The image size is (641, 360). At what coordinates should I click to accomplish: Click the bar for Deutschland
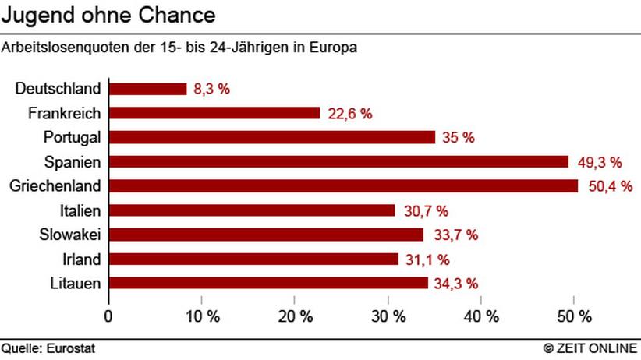tap(148, 89)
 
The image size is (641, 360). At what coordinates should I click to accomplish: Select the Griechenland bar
tap(343, 185)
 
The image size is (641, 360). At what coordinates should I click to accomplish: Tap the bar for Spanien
tap(338, 161)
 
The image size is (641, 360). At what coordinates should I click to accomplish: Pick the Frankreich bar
tap(214, 113)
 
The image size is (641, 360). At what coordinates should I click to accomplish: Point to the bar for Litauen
tap(268, 282)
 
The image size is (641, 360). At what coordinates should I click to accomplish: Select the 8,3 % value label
tap(211, 89)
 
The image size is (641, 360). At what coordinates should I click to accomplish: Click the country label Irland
tap(81, 259)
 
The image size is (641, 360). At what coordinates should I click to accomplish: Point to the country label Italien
tap(80, 210)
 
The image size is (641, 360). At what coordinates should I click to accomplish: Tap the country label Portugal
tap(72, 137)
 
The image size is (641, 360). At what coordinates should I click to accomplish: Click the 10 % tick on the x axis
tap(201, 317)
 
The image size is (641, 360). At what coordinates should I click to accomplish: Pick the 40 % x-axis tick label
tap(481, 317)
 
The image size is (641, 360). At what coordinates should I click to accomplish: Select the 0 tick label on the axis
tap(108, 317)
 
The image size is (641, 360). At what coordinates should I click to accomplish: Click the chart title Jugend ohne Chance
tap(108, 16)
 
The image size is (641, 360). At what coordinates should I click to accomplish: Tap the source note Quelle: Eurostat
tap(48, 348)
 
